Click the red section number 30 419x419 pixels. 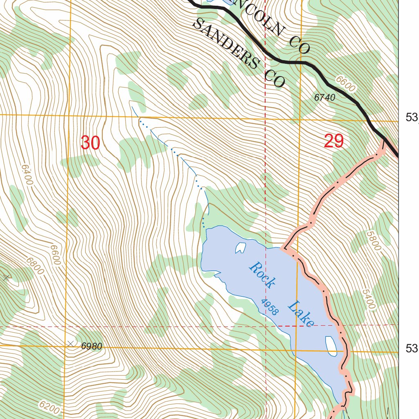click(90, 143)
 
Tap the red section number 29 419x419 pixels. click(333, 142)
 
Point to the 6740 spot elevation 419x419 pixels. click(325, 98)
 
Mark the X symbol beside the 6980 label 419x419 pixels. click(72, 344)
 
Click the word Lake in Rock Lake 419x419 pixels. click(301, 314)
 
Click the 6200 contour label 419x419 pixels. click(49, 406)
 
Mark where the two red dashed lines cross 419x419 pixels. click(266, 326)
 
